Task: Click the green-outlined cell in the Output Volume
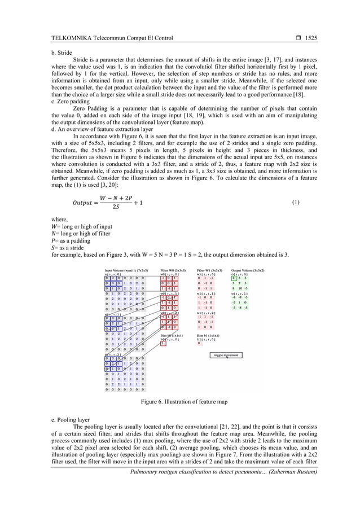[x=234, y=278]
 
